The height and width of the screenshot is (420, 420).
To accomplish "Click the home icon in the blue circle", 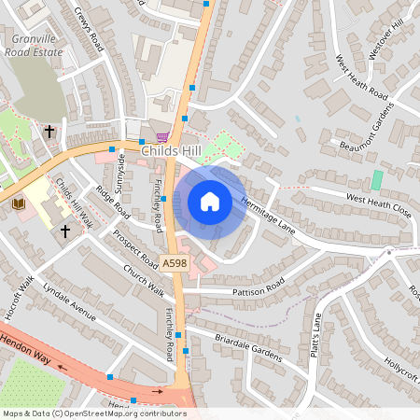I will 210,201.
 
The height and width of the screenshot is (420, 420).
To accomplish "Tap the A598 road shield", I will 175,264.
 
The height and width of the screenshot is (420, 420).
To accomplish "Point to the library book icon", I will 18,203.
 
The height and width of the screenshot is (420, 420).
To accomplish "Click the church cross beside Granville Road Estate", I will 49,132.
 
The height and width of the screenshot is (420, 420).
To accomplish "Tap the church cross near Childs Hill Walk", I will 65,230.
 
